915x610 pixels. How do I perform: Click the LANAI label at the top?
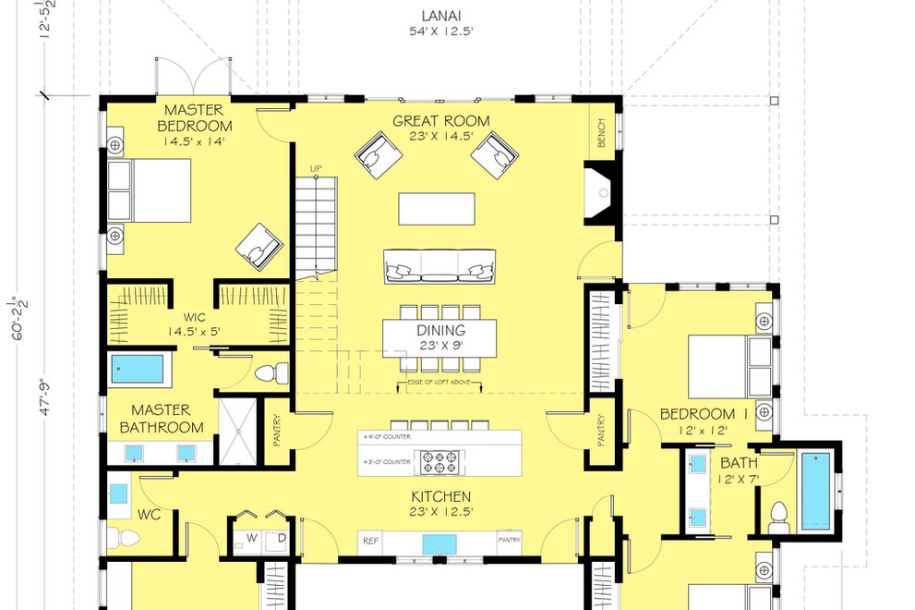(x=440, y=16)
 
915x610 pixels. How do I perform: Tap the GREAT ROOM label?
(x=440, y=121)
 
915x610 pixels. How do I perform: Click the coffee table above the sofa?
(x=437, y=208)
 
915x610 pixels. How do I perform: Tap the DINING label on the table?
(x=440, y=331)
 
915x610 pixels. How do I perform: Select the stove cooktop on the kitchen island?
(x=441, y=461)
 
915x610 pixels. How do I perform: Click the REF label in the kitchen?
(x=371, y=541)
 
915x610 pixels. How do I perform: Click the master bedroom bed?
(x=149, y=190)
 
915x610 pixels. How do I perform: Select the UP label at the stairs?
(x=315, y=169)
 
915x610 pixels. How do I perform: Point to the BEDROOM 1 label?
(x=704, y=413)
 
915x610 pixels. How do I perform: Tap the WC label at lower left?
(x=150, y=514)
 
